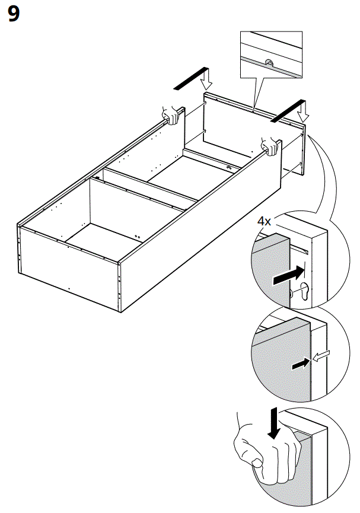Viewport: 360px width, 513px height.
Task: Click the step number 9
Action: coord(14,15)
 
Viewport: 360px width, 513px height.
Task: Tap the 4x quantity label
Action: coord(264,221)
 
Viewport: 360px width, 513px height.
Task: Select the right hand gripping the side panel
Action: coord(270,145)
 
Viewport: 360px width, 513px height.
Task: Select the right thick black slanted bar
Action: coord(284,112)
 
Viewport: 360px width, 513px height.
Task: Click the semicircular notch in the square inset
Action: coord(268,63)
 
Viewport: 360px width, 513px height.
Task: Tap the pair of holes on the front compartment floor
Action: coord(137,235)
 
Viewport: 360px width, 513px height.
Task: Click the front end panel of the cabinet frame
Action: coord(68,261)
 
